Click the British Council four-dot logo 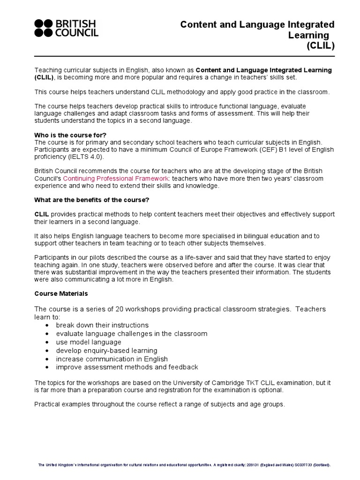(x=45, y=28)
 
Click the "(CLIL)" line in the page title (x=321, y=45)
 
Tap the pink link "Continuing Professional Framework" (x=115, y=179)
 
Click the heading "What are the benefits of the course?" (x=92, y=200)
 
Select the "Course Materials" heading (x=61, y=294)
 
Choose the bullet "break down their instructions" (x=102, y=325)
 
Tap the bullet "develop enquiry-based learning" (x=106, y=350)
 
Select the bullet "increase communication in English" (x=112, y=359)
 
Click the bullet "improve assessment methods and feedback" (x=127, y=367)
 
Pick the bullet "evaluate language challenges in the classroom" (x=131, y=333)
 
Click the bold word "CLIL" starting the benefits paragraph (x=42, y=214)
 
